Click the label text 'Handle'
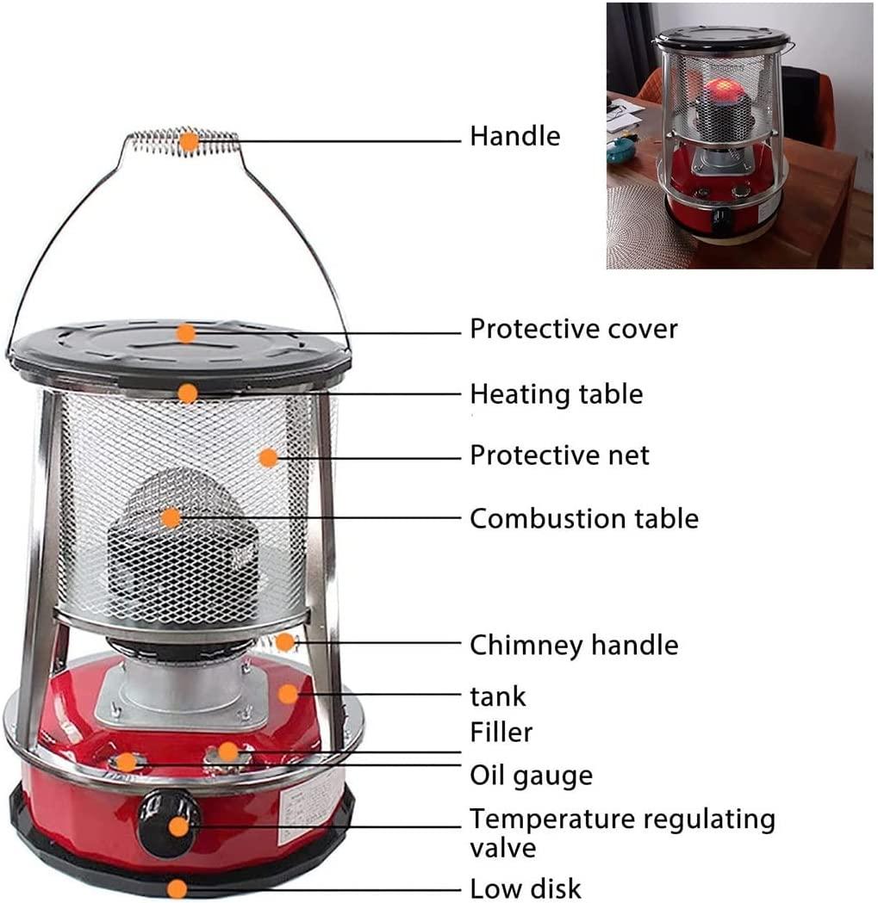pyautogui.click(x=514, y=137)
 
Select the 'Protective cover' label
pyautogui.click(x=574, y=330)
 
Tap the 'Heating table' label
pyautogui.click(x=557, y=394)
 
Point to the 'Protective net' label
pyautogui.click(x=559, y=455)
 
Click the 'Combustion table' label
pyautogui.click(x=584, y=519)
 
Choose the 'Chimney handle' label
pyautogui.click(x=574, y=646)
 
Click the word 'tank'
pyautogui.click(x=497, y=696)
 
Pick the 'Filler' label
pyautogui.click(x=501, y=733)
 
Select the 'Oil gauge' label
pyautogui.click(x=531, y=776)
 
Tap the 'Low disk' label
pyautogui.click(x=526, y=888)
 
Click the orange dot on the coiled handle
pyautogui.click(x=189, y=142)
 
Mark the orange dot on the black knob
pyautogui.click(x=179, y=827)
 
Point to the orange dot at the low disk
pyautogui.click(x=177, y=888)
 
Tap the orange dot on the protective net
pyautogui.click(x=268, y=458)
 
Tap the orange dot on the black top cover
pyautogui.click(x=185, y=333)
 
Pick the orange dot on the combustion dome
pyautogui.click(x=171, y=517)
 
